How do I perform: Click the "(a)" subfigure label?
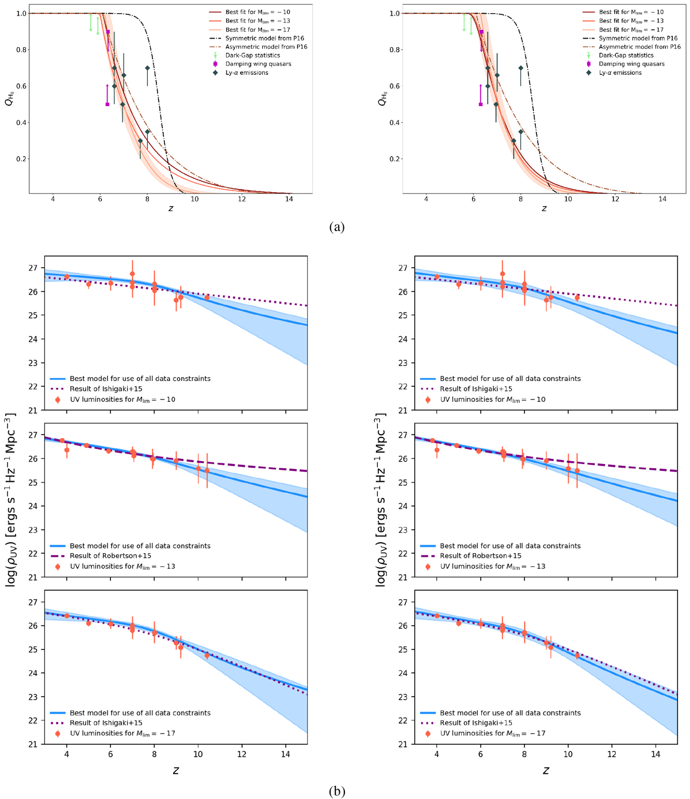345,227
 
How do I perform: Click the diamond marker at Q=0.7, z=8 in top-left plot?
147,67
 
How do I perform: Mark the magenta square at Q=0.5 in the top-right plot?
481,104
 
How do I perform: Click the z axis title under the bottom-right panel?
546,770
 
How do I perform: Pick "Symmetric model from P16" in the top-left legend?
264,38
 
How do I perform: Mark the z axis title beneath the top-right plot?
544,208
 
